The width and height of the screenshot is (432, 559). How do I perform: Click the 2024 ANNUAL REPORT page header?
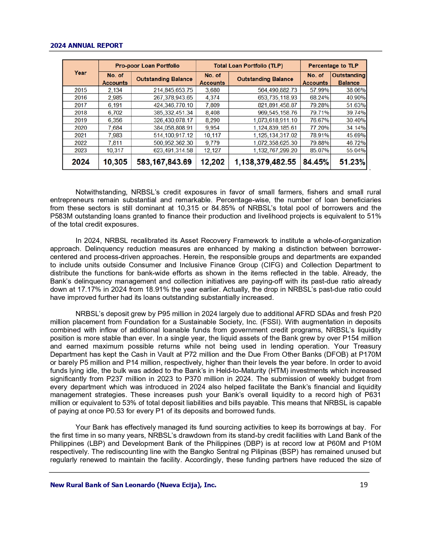click(86, 45)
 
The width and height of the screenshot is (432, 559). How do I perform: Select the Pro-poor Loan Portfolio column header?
click(147, 66)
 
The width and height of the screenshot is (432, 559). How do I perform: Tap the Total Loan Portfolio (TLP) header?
click(248, 66)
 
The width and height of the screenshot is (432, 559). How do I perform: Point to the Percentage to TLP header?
click(333, 66)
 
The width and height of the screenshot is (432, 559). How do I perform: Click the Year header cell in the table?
click(81, 73)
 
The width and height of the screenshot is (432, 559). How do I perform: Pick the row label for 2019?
click(81, 120)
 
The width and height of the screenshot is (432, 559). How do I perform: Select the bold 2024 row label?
click(81, 162)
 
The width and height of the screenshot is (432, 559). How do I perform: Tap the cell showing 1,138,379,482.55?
click(265, 162)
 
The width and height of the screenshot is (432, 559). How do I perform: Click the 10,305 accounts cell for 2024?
click(115, 162)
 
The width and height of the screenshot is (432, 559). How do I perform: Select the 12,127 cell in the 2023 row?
click(212, 150)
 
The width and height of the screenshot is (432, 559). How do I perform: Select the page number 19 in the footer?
click(364, 485)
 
